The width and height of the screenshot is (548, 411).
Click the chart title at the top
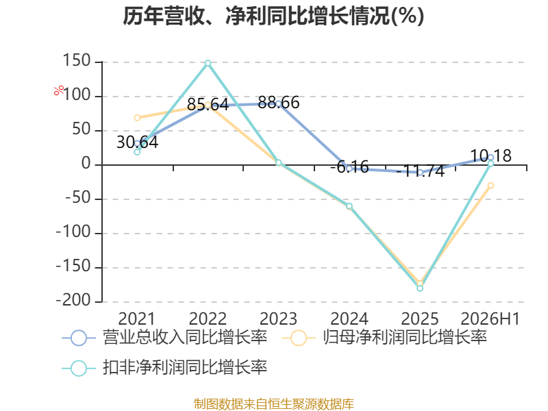(x=273, y=16)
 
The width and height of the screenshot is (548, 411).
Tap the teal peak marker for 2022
(x=208, y=63)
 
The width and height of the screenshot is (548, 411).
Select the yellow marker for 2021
(x=137, y=118)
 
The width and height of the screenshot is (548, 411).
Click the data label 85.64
(x=208, y=104)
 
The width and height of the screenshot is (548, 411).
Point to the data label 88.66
(x=279, y=102)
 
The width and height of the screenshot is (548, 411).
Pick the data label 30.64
(x=138, y=142)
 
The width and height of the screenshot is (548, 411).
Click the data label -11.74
(x=420, y=171)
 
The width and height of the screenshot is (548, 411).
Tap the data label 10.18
(x=490, y=155)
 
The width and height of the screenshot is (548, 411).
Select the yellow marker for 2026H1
(x=490, y=186)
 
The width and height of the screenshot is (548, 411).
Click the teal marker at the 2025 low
(x=420, y=288)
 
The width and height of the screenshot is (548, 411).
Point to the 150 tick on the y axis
(x=77, y=61)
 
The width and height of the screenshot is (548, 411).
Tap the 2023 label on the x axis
(x=279, y=319)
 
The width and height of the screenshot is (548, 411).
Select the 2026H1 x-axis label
(x=490, y=319)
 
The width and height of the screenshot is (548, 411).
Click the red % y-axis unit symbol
(x=59, y=90)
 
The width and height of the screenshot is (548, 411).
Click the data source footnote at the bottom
(x=274, y=404)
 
